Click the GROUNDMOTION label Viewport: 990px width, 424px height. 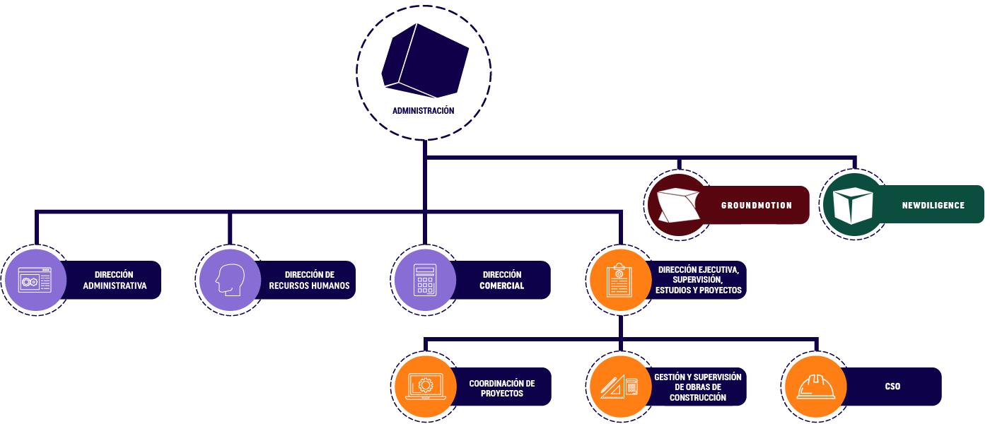point(756,206)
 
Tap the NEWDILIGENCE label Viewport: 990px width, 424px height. point(933,206)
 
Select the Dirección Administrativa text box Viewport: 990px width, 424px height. point(115,281)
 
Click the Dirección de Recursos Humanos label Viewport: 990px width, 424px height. point(309,281)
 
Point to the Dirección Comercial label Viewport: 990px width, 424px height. point(502,281)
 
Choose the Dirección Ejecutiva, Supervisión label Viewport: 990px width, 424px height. point(699,280)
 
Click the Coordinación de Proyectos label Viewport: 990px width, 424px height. point(502,388)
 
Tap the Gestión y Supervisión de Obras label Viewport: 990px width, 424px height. point(698,387)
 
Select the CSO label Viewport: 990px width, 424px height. point(892,387)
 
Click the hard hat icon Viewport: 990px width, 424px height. point(816,387)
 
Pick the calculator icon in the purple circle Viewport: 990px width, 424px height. point(424,280)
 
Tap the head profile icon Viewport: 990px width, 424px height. point(230,280)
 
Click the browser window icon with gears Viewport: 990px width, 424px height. point(35,281)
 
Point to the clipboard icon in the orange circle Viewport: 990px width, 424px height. point(619,280)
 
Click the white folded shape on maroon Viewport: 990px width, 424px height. point(677,206)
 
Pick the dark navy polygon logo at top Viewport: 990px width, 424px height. point(425,61)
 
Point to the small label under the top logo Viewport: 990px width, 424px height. point(425,110)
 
